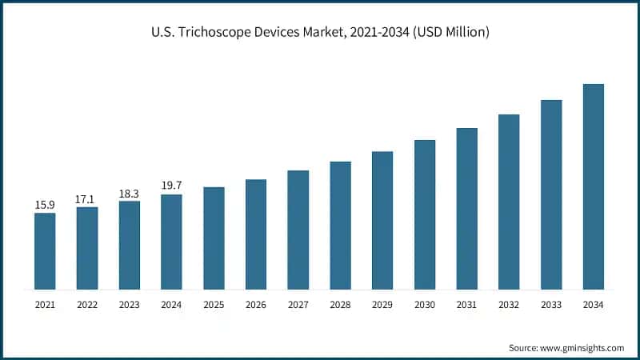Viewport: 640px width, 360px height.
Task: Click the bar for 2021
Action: point(45,250)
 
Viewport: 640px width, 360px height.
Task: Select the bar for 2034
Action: point(593,186)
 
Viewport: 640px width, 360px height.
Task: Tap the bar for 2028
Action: point(340,225)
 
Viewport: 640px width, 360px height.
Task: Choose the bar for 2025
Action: point(214,238)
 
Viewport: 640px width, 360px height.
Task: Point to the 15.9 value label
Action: point(45,205)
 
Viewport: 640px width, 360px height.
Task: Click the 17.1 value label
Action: point(86,199)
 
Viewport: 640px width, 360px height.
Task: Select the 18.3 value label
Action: point(129,193)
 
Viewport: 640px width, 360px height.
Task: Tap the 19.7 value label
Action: point(171,186)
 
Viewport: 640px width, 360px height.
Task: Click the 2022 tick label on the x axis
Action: point(86,305)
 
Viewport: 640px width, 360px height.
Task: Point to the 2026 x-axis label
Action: point(255,305)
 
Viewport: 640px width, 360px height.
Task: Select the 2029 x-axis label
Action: point(382,305)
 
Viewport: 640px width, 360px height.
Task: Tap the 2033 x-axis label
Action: point(550,305)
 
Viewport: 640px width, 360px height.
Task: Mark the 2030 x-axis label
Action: point(424,305)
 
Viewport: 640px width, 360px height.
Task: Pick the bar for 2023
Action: point(129,245)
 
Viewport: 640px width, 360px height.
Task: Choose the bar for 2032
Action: point(509,202)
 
